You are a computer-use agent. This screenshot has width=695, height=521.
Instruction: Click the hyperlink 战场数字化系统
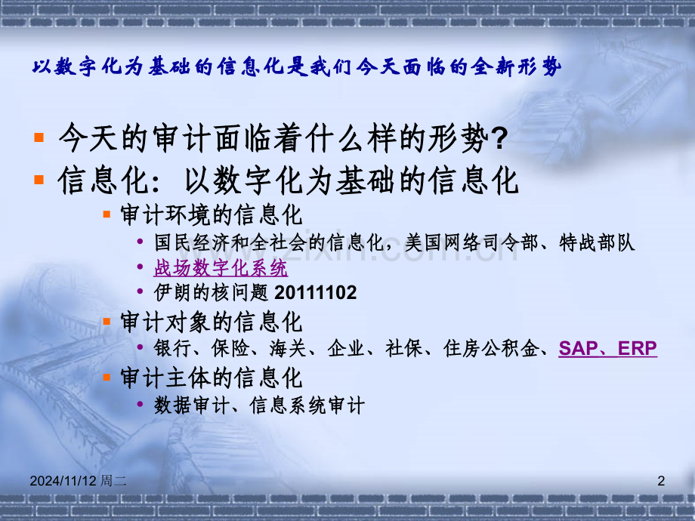(x=221, y=267)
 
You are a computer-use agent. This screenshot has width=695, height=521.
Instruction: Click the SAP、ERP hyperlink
(x=607, y=348)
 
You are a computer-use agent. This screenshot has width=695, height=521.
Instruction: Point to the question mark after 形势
(x=499, y=138)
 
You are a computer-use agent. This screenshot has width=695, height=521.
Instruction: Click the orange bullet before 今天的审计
(x=40, y=138)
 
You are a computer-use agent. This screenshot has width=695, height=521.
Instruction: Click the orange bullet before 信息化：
(x=40, y=181)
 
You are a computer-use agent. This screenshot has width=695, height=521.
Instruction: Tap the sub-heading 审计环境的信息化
(x=212, y=215)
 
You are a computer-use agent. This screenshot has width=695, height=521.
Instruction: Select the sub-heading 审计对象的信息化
(x=212, y=322)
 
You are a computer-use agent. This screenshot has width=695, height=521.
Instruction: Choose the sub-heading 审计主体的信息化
(x=212, y=377)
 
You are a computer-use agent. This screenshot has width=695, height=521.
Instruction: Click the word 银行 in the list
(x=169, y=348)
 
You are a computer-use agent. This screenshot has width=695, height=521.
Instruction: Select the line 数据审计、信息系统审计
(x=259, y=405)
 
